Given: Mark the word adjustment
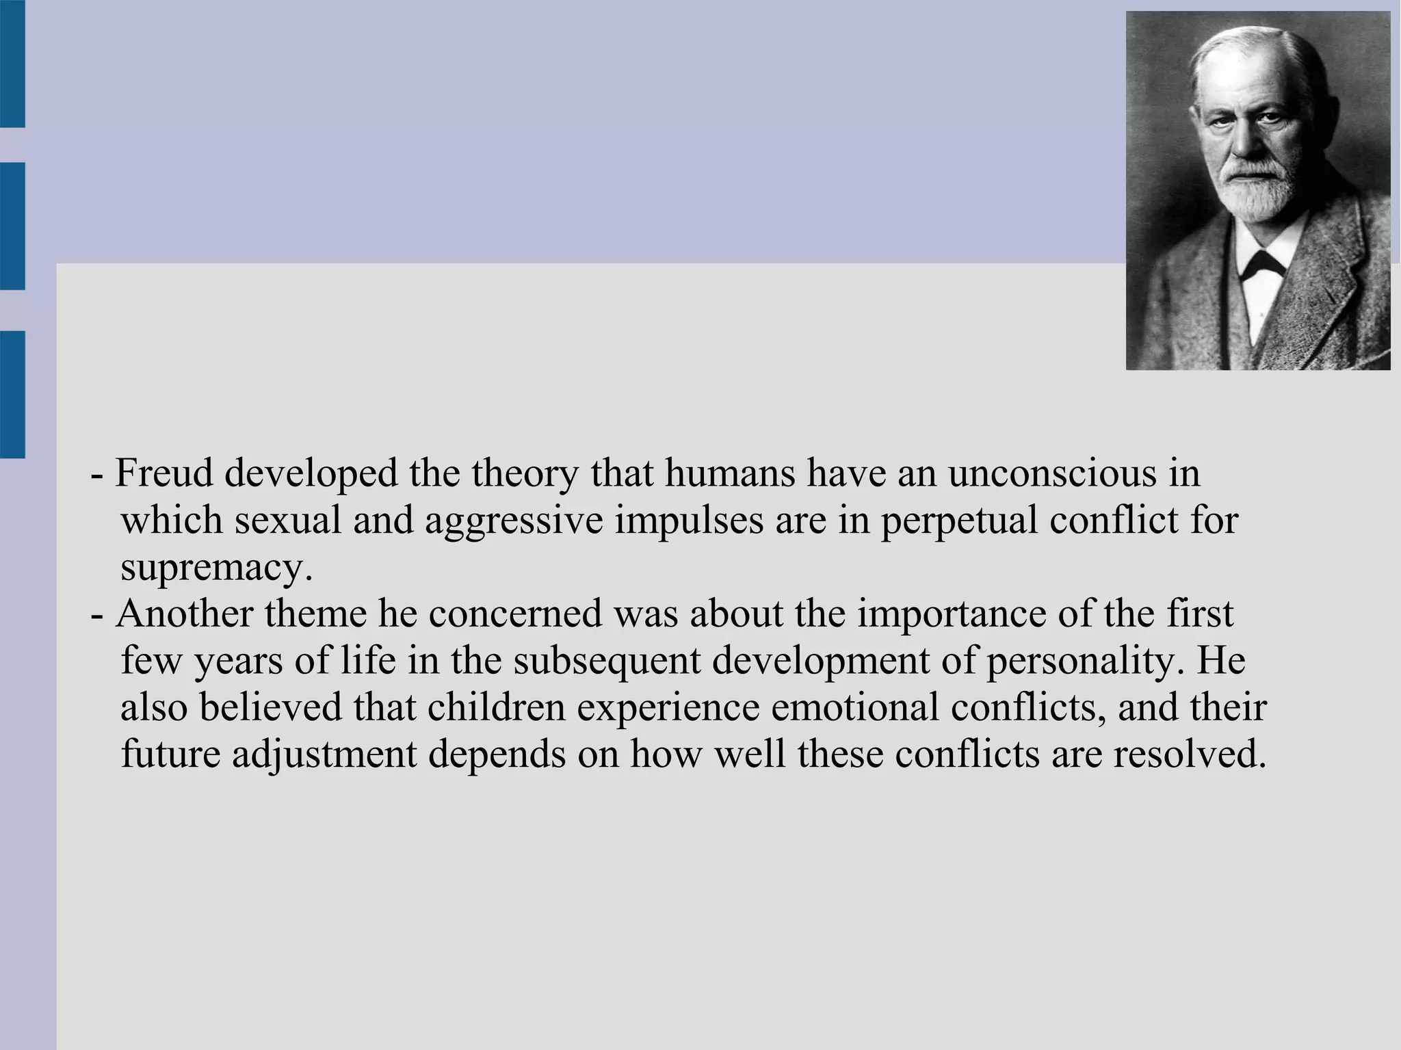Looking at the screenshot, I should click(324, 755).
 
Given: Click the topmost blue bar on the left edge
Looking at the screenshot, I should click(12, 64).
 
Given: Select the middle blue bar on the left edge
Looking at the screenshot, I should click(12, 226).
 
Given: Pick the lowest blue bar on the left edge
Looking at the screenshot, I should click(12, 394).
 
